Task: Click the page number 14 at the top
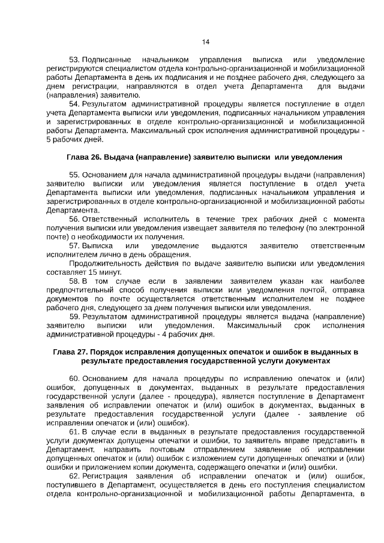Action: pos(205,41)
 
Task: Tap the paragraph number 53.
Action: pos(74,61)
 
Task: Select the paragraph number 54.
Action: pos(74,103)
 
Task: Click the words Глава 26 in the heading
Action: pos(83,157)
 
